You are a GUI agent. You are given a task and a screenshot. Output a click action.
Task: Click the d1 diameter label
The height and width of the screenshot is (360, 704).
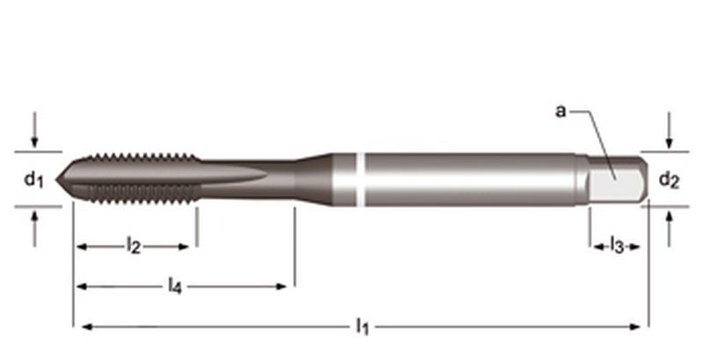(x=33, y=180)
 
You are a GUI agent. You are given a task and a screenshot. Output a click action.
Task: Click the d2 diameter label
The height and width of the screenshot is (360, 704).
(x=669, y=180)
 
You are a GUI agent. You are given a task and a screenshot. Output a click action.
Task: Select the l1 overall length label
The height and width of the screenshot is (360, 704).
(x=362, y=327)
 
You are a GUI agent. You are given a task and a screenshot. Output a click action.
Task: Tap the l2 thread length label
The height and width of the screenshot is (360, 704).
(x=133, y=246)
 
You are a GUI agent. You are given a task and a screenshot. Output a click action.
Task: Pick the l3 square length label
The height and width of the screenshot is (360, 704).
(x=617, y=246)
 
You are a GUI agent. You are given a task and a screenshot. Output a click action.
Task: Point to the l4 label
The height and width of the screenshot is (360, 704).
(x=176, y=285)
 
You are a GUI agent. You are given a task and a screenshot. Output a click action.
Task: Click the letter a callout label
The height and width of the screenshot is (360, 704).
(x=561, y=111)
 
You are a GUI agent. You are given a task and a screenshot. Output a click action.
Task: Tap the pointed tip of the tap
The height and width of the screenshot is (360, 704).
(x=59, y=180)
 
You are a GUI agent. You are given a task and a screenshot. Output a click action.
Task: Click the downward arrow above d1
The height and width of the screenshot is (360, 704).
(x=33, y=135)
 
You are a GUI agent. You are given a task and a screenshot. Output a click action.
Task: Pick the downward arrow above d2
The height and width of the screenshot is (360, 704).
(x=670, y=135)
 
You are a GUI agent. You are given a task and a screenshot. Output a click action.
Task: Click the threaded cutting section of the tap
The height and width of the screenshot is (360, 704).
(x=132, y=179)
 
